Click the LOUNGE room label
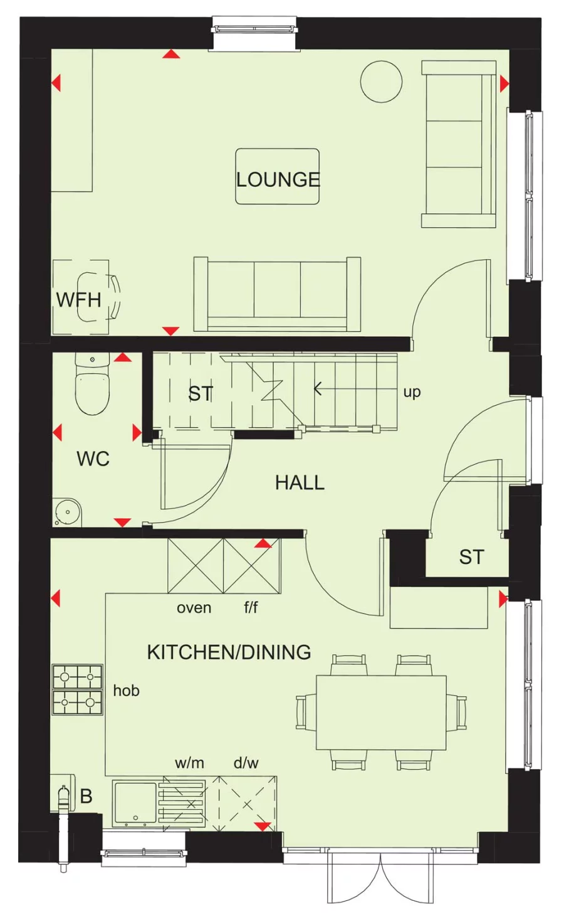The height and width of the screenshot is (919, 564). (278, 179)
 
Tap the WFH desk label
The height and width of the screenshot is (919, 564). (78, 299)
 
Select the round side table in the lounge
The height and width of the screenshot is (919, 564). (381, 82)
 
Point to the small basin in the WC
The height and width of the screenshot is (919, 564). (67, 512)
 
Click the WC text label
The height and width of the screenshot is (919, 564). (93, 459)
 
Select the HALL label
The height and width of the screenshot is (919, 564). (300, 482)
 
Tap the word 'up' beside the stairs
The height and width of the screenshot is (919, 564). (412, 392)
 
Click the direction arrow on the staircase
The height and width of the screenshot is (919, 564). (318, 389)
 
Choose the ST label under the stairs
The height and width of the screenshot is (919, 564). (201, 394)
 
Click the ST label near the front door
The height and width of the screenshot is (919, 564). (471, 557)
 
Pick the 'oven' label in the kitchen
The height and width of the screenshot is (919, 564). (194, 608)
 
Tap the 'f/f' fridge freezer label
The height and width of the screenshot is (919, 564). (251, 608)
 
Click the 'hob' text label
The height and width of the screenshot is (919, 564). (126, 691)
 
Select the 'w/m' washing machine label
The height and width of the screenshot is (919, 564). (189, 763)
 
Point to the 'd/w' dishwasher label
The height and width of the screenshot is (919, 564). (246, 763)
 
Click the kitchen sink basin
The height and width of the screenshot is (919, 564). (135, 802)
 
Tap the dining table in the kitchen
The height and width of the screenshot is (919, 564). (381, 712)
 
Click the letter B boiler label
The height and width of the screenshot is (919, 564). (86, 796)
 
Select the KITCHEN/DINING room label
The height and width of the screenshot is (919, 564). (229, 652)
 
